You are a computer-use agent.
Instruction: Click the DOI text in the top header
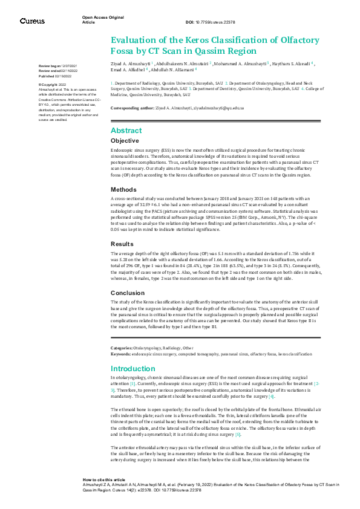210,22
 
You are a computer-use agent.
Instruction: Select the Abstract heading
126,130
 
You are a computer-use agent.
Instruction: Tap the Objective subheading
125,140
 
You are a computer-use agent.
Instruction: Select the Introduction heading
133,368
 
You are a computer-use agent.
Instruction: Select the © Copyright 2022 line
53,85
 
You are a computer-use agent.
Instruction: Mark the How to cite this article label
105,478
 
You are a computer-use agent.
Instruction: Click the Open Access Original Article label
103,19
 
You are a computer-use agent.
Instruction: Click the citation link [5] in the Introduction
238,435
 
